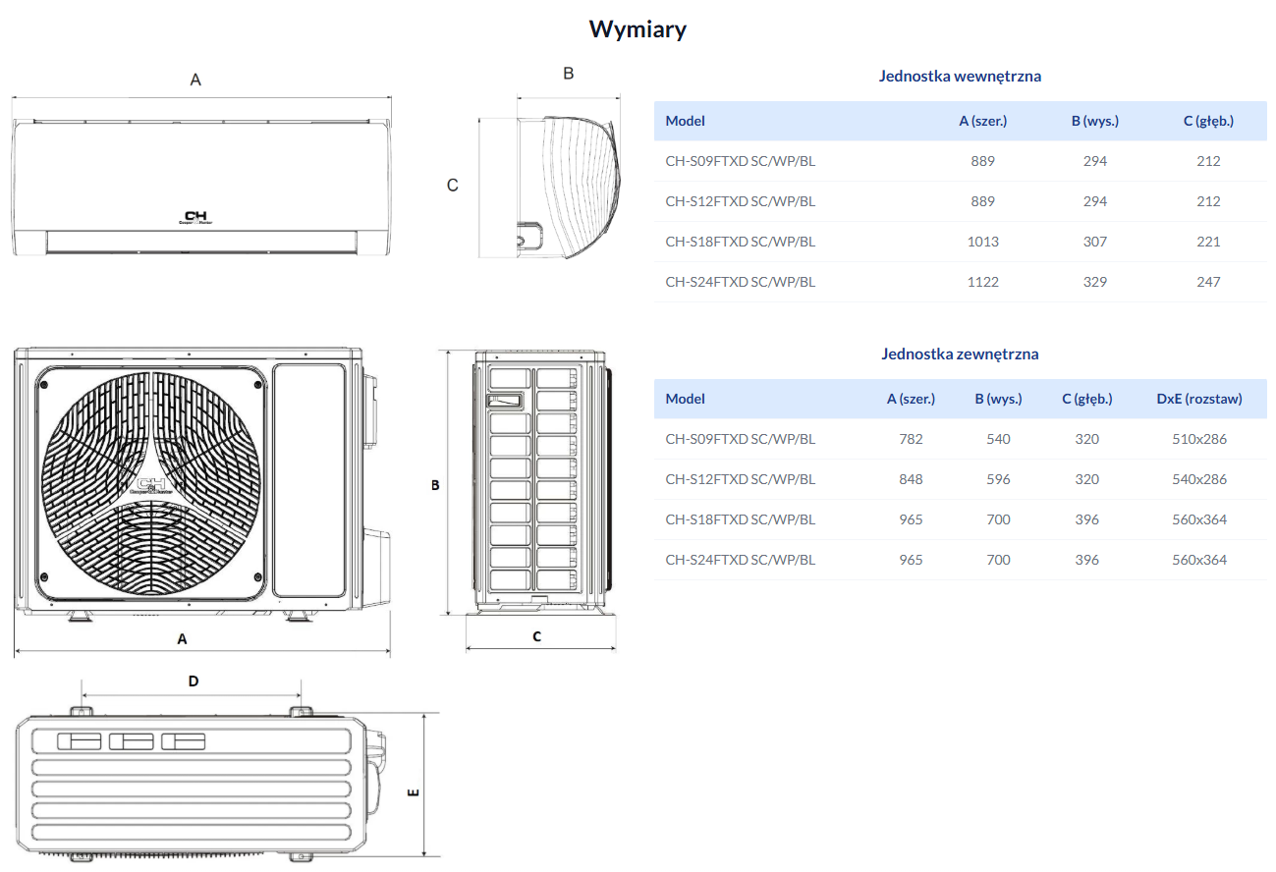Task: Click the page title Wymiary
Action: (638, 29)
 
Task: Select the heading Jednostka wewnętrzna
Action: (960, 77)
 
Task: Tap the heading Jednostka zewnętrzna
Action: (960, 354)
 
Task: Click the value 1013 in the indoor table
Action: (982, 242)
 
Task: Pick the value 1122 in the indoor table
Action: (982, 282)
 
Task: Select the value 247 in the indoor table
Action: (1208, 282)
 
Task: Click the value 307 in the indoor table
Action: (1095, 242)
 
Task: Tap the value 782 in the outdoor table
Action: (911, 439)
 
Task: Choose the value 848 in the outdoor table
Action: (911, 479)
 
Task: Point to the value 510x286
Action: (1199, 439)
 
